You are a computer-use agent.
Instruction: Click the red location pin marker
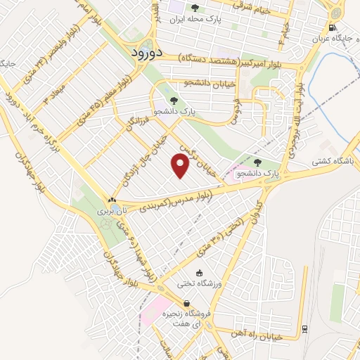click(x=181, y=166)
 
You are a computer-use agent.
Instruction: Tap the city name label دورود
click(x=148, y=53)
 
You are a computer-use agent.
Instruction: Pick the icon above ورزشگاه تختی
click(x=198, y=273)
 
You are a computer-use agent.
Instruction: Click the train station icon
click(x=304, y=328)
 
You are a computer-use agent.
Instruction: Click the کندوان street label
click(x=257, y=210)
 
